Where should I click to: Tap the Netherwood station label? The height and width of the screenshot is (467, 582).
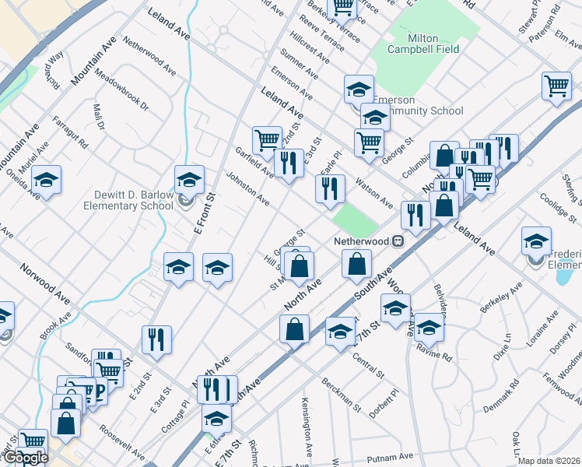pyautogui.click(x=360, y=241)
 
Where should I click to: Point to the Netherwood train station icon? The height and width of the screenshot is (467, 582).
pyautogui.click(x=398, y=241)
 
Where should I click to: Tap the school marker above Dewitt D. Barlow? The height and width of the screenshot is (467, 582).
pyautogui.click(x=189, y=181)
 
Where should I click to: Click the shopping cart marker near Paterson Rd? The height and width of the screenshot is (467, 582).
pyautogui.click(x=556, y=86)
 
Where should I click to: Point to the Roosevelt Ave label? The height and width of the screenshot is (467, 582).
pyautogui.click(x=121, y=442)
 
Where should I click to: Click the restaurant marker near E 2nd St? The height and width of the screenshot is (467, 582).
pyautogui.click(x=156, y=340)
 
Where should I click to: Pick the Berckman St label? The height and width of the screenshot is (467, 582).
pyautogui.click(x=342, y=394)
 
